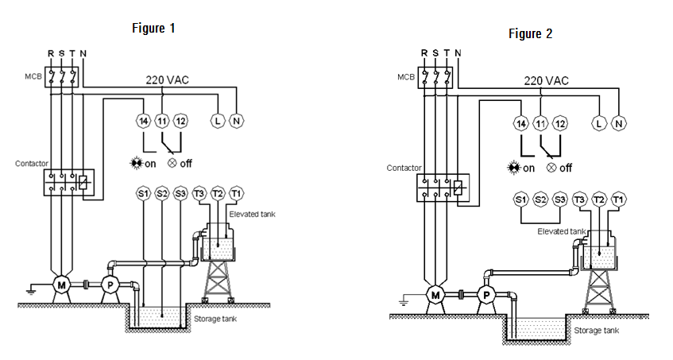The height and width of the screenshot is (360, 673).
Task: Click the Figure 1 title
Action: point(153,29)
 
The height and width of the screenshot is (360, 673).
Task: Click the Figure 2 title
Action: point(531,33)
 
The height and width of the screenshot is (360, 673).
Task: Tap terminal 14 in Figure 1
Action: point(143,121)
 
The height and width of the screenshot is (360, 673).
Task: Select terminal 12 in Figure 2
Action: point(559,124)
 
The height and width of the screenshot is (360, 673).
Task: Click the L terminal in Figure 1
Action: point(218,121)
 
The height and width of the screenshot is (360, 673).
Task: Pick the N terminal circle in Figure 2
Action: point(618,124)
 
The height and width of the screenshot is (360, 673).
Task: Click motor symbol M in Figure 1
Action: point(62,285)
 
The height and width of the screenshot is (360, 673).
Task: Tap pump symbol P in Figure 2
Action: point(486,295)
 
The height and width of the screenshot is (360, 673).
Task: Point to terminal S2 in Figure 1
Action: point(162,194)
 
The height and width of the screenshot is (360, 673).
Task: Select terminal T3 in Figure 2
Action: point(580,199)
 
